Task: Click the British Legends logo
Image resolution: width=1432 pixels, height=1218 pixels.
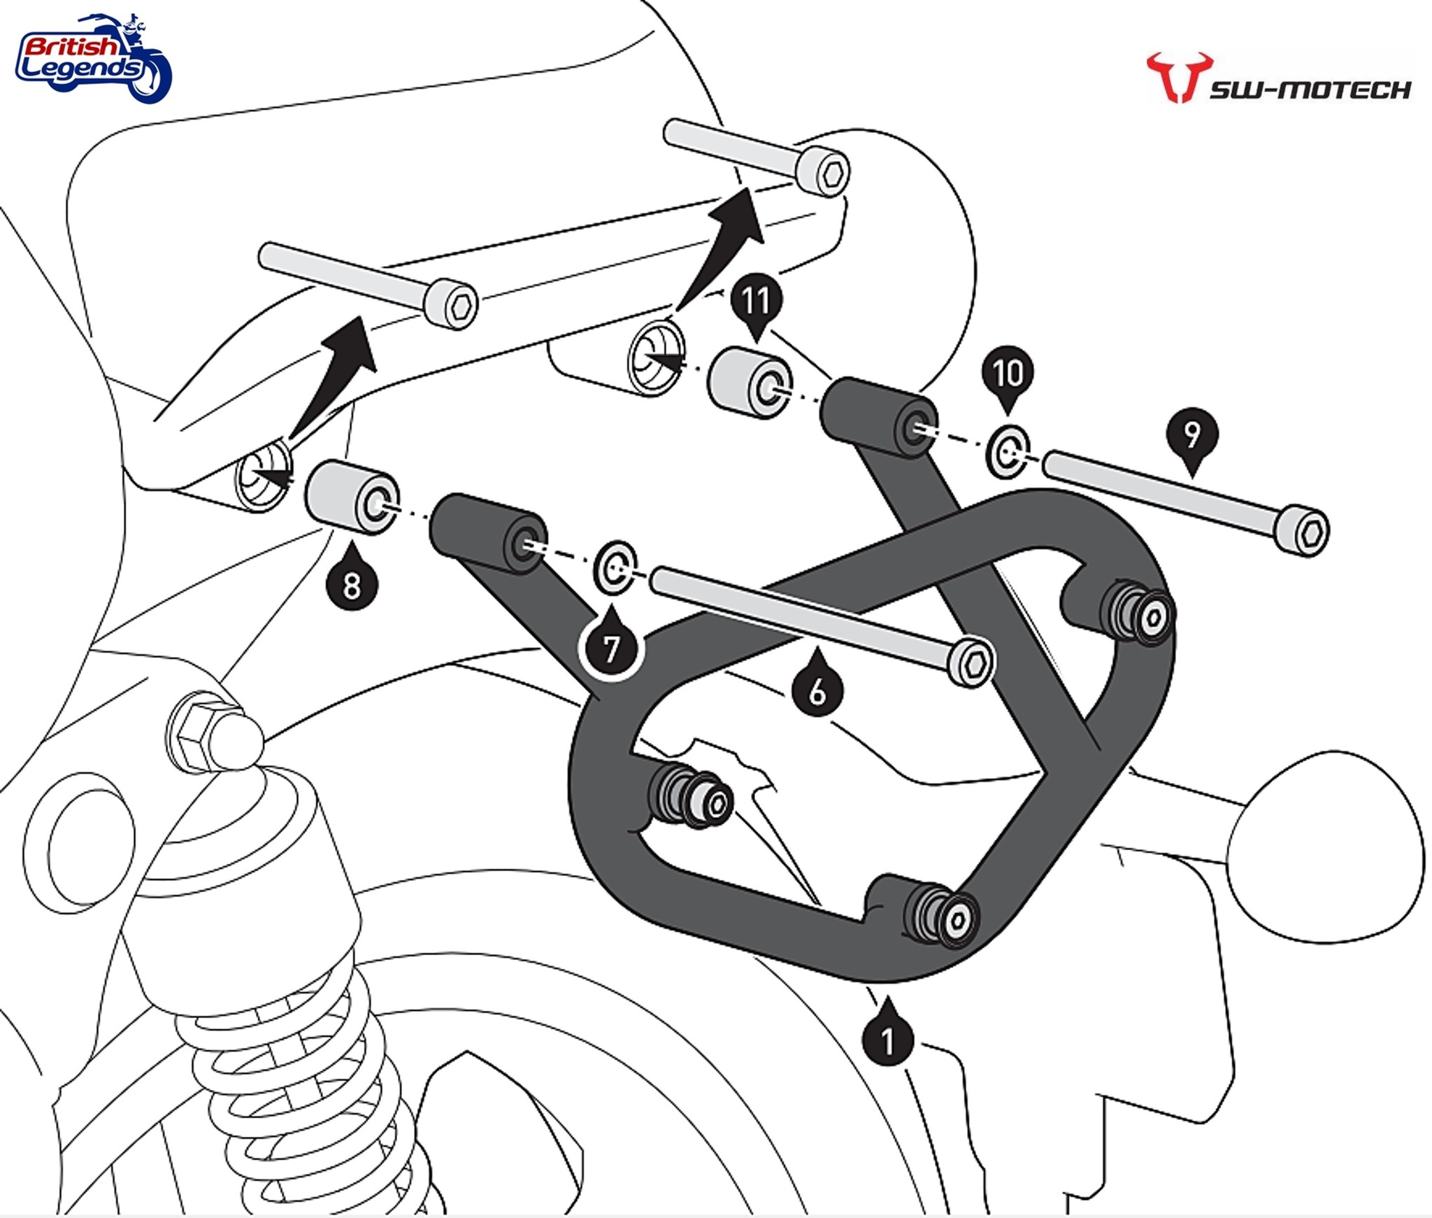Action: tap(93, 59)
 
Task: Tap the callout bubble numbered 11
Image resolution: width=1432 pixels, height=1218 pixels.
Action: tap(756, 302)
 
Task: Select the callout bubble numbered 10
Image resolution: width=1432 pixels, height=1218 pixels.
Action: tap(1008, 374)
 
